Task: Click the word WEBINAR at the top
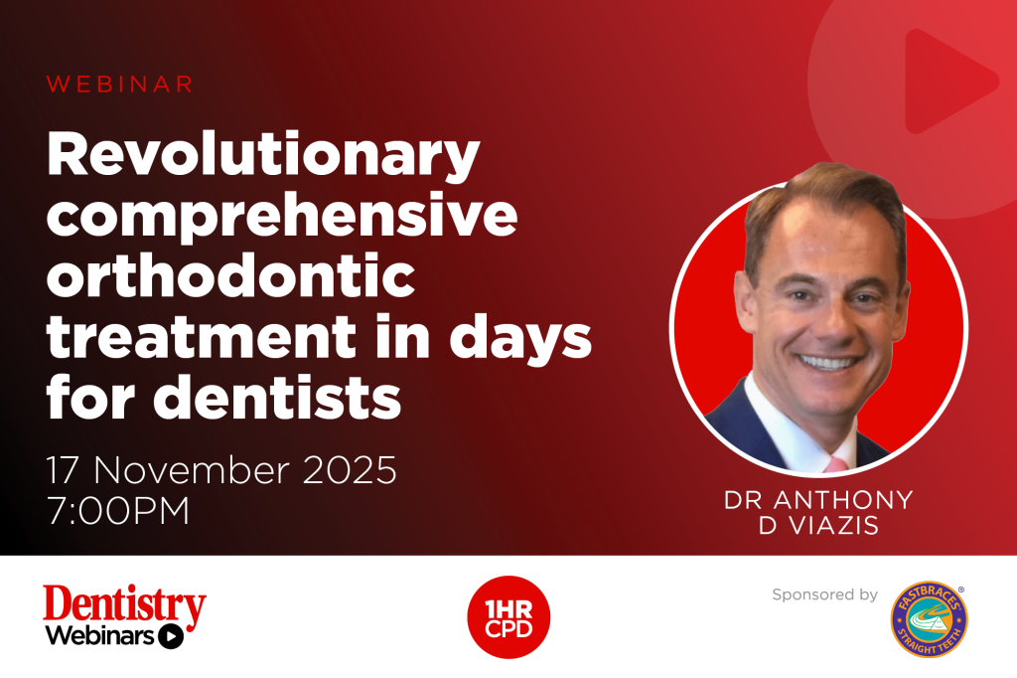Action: [x=119, y=85]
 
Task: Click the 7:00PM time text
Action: [x=118, y=512]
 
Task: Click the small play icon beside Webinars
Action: [x=172, y=636]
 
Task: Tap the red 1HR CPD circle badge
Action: [x=508, y=617]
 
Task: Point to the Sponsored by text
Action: [x=824, y=594]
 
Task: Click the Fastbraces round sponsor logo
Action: [x=930, y=618]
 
